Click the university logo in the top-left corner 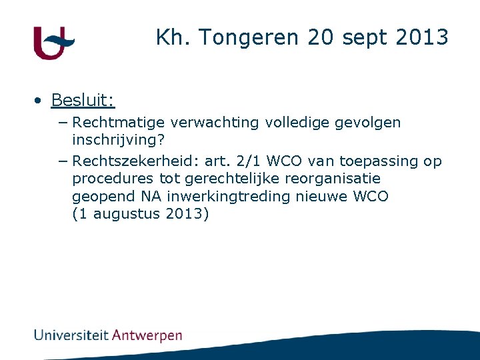(x=53, y=43)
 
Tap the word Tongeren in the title (x=244, y=38)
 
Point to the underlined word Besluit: (x=83, y=101)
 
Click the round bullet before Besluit (x=40, y=101)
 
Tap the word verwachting (x=215, y=123)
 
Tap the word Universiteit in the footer (x=71, y=335)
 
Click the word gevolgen (x=369, y=123)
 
